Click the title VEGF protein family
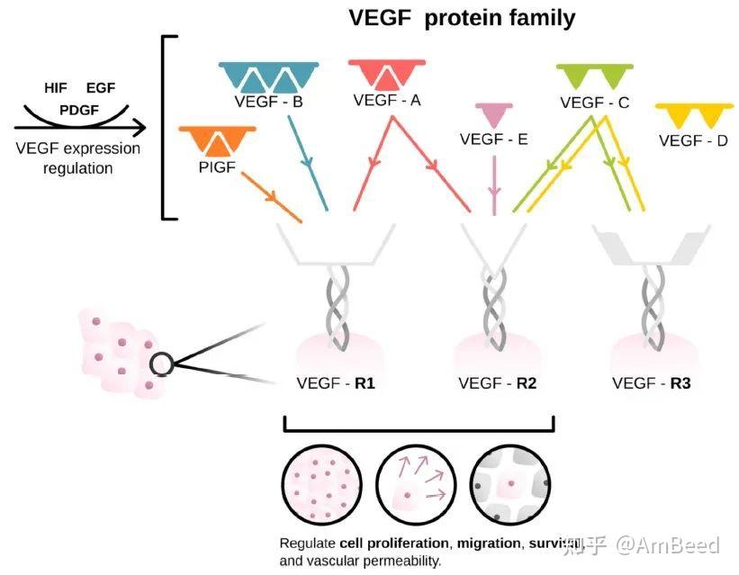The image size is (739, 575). pos(462,17)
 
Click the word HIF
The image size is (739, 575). pos(56,88)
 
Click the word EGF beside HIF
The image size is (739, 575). pos(101,88)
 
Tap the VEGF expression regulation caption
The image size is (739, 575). pos(77,157)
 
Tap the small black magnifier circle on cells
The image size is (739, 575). pos(161,364)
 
